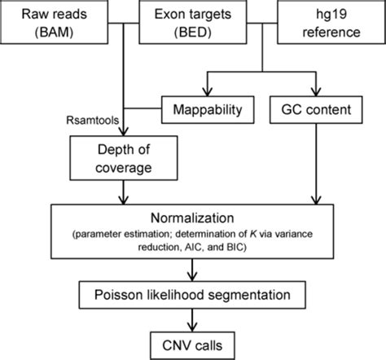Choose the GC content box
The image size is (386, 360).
(317, 108)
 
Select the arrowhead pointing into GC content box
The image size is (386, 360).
(316, 91)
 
